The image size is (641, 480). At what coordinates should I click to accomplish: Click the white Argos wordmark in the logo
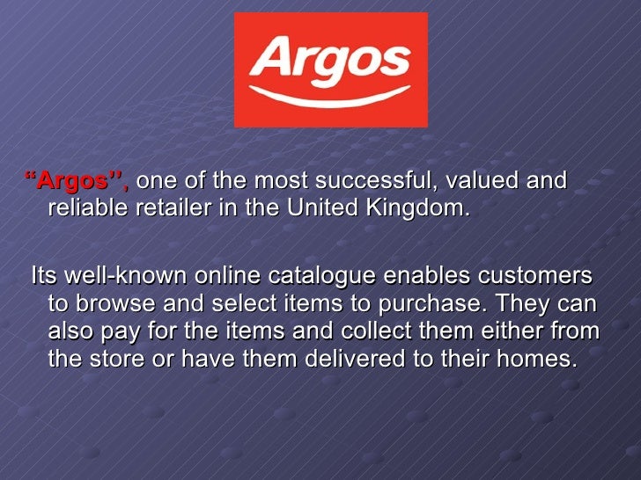click(x=330, y=58)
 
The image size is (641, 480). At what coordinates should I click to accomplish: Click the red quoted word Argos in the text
click(x=76, y=182)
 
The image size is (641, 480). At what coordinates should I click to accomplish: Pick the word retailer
click(x=172, y=210)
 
